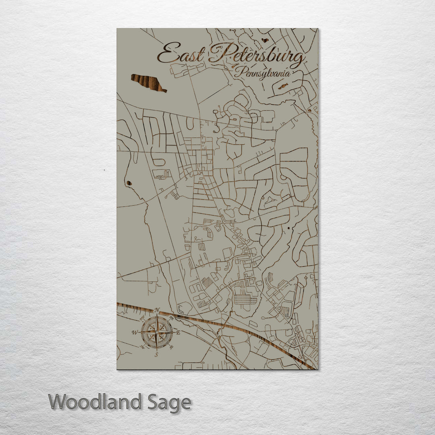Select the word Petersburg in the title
tap(258, 56)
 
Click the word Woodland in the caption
tap(95, 402)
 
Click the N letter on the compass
tap(157, 310)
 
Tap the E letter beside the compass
tap(178, 333)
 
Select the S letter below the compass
tap(157, 355)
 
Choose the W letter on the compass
tap(135, 333)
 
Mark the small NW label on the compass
tap(142, 318)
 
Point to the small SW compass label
tap(142, 347)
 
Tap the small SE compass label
tap(172, 347)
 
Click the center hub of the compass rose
tap(157, 333)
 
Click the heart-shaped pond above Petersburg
tap(265, 40)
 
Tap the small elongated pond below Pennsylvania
tap(283, 86)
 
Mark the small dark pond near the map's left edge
tap(129, 183)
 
